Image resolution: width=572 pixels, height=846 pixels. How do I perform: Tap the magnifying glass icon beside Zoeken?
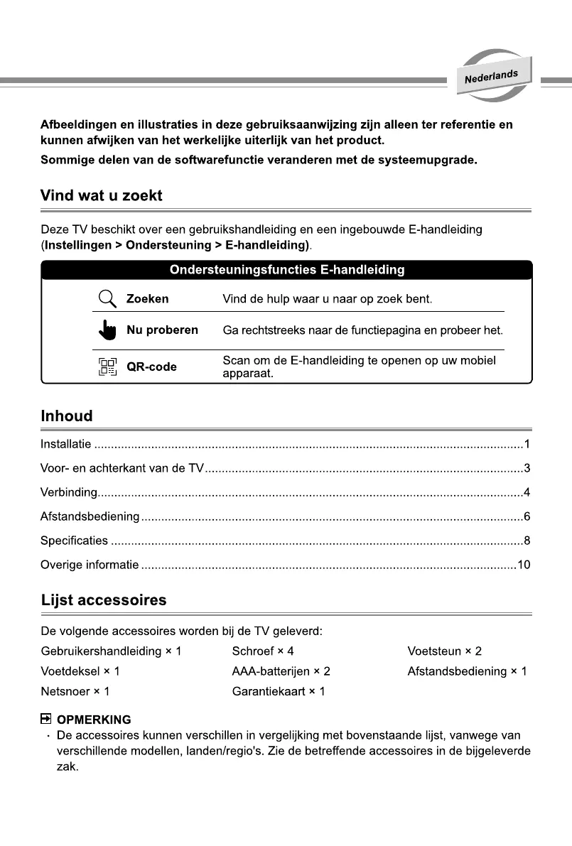(107, 298)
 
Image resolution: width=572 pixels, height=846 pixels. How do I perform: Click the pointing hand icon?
(107, 331)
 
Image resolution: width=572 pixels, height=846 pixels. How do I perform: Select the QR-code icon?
(107, 367)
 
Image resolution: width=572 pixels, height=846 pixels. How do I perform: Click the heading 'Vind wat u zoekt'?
(102, 195)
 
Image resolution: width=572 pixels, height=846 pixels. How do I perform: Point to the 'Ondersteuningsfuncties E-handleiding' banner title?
(287, 270)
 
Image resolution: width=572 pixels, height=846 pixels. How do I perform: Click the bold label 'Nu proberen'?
(162, 330)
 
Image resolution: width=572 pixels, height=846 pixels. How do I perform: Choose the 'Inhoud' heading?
(67, 416)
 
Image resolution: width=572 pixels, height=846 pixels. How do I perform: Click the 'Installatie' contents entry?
(66, 445)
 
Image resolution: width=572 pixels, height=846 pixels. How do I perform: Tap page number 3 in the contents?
(527, 469)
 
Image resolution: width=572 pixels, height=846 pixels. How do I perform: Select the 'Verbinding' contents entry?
(68, 492)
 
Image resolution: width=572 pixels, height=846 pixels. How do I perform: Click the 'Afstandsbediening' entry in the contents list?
(90, 516)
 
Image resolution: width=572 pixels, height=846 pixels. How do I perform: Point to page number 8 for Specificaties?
(527, 541)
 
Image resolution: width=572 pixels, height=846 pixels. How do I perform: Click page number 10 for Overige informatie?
(524, 565)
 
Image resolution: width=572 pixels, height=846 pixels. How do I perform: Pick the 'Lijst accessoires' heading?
(104, 600)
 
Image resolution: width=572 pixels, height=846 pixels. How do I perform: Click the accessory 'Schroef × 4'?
(263, 651)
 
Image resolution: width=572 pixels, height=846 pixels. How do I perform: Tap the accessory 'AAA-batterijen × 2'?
(281, 671)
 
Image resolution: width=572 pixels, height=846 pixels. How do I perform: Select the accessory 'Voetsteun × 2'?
(444, 651)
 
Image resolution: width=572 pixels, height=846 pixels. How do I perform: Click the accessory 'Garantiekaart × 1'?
(278, 691)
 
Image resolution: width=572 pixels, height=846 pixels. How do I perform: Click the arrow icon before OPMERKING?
(47, 719)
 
